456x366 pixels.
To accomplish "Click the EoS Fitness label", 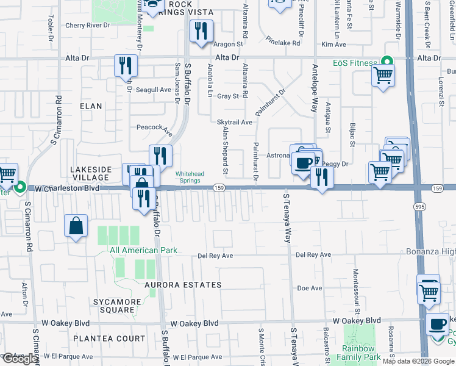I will [354, 62].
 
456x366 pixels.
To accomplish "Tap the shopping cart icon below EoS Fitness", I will [383, 76].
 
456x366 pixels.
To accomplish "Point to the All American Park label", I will [143, 250].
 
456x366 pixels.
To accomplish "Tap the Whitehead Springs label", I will [190, 177].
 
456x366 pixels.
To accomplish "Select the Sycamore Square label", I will [114, 306].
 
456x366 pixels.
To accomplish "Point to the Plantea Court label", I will [109, 339].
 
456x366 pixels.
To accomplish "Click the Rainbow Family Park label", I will [360, 353].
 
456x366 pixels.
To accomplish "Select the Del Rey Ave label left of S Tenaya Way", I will [216, 256].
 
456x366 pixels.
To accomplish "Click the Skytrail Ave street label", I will [235, 122].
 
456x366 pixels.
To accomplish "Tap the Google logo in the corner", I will [20, 359].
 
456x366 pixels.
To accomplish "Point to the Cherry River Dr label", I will [87, 26].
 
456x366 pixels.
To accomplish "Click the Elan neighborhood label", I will [91, 106].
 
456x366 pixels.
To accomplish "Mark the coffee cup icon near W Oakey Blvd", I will [438, 324].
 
